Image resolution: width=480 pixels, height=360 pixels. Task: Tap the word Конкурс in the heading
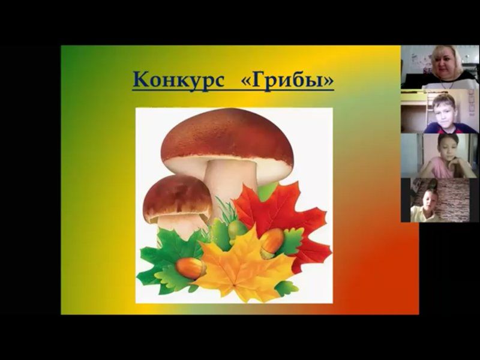click(x=179, y=80)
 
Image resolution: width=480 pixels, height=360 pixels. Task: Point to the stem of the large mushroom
click(x=230, y=181)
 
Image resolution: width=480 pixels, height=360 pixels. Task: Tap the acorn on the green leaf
click(x=191, y=268)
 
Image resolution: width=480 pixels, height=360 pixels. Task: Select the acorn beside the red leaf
click(x=272, y=243)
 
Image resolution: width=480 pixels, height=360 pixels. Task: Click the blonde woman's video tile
click(x=440, y=67)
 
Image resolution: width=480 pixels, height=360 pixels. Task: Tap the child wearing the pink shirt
click(x=445, y=157)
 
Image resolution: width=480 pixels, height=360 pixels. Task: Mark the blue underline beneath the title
click(x=233, y=90)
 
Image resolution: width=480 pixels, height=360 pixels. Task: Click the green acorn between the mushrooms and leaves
click(x=237, y=230)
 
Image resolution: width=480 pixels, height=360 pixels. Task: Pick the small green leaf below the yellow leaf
click(x=286, y=288)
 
